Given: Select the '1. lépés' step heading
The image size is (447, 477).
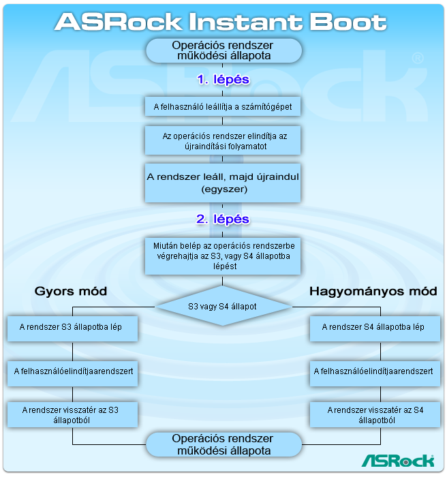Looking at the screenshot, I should click(223, 80).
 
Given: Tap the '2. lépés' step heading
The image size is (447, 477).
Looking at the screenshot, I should click(223, 219).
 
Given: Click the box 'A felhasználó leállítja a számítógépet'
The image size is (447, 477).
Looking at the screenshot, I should click(223, 106).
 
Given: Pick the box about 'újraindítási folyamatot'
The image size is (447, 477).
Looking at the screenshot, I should click(223, 141).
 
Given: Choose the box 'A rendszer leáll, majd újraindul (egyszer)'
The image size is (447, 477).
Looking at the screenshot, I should click(223, 183).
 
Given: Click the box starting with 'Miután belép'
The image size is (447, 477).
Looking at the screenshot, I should click(223, 255).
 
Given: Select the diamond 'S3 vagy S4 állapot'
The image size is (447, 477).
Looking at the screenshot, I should click(223, 307).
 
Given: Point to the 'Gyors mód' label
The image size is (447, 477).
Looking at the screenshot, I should click(71, 292).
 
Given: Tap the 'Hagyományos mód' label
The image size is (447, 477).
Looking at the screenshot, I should click(373, 292).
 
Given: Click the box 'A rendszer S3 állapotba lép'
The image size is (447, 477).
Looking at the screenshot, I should click(72, 327).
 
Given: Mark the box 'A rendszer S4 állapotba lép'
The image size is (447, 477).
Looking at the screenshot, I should click(373, 327).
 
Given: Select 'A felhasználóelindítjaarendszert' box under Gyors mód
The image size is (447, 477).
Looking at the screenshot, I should click(72, 371).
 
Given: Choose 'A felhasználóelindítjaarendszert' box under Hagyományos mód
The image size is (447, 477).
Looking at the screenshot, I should click(373, 371).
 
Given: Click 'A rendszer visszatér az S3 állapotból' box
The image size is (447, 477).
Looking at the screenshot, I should click(72, 414).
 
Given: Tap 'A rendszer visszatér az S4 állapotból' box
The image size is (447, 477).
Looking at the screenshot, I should click(373, 414).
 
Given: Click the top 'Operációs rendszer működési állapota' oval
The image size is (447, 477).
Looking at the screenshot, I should click(223, 50).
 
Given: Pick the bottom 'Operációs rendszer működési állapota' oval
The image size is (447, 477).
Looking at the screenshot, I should click(223, 444).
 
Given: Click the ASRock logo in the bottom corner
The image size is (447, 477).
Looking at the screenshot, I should click(397, 461).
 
